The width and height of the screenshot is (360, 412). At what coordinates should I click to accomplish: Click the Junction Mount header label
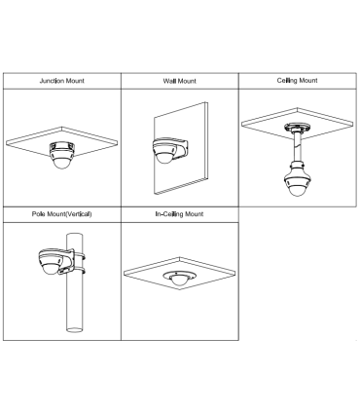(x=61, y=81)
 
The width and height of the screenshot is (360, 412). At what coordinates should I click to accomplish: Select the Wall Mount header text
(x=179, y=81)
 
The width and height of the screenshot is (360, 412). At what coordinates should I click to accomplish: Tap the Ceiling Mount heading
(x=297, y=80)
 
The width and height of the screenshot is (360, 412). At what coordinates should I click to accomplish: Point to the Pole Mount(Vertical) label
(x=61, y=214)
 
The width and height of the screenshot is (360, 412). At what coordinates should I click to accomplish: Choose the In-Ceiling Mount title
(x=179, y=214)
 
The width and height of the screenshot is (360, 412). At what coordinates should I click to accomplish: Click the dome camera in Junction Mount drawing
(x=61, y=155)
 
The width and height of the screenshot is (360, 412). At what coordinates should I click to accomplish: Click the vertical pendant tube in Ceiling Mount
(x=297, y=147)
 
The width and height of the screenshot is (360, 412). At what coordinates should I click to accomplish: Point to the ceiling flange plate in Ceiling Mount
(x=297, y=128)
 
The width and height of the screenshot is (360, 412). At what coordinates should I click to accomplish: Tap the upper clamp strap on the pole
(x=80, y=256)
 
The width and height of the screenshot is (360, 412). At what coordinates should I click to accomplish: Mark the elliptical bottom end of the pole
(x=75, y=329)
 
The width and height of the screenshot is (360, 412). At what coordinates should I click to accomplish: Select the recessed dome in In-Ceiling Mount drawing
(x=179, y=279)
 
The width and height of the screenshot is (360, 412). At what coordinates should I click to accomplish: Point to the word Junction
(x=52, y=81)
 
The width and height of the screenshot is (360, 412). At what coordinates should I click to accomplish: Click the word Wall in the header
(x=168, y=81)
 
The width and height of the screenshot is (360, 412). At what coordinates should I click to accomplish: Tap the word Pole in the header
(x=39, y=214)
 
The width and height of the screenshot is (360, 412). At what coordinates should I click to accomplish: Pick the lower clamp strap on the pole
(x=80, y=270)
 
